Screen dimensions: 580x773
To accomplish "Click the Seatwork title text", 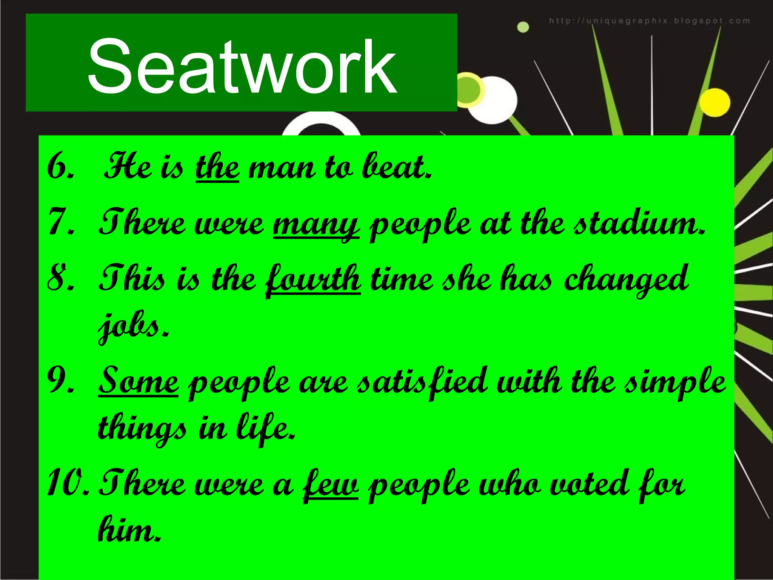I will pyautogui.click(x=242, y=67).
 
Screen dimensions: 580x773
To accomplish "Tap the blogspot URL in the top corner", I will pyautogui.click(x=649, y=21).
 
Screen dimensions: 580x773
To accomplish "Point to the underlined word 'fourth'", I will pyautogui.click(x=313, y=279).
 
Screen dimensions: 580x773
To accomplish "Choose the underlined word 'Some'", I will pyautogui.click(x=138, y=381).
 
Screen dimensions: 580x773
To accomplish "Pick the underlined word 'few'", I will pyautogui.click(x=331, y=485).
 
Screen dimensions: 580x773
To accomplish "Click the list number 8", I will pyautogui.click(x=60, y=279).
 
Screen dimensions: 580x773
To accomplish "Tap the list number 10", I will pyautogui.click(x=68, y=485).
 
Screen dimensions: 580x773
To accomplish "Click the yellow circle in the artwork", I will pyautogui.click(x=714, y=103).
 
